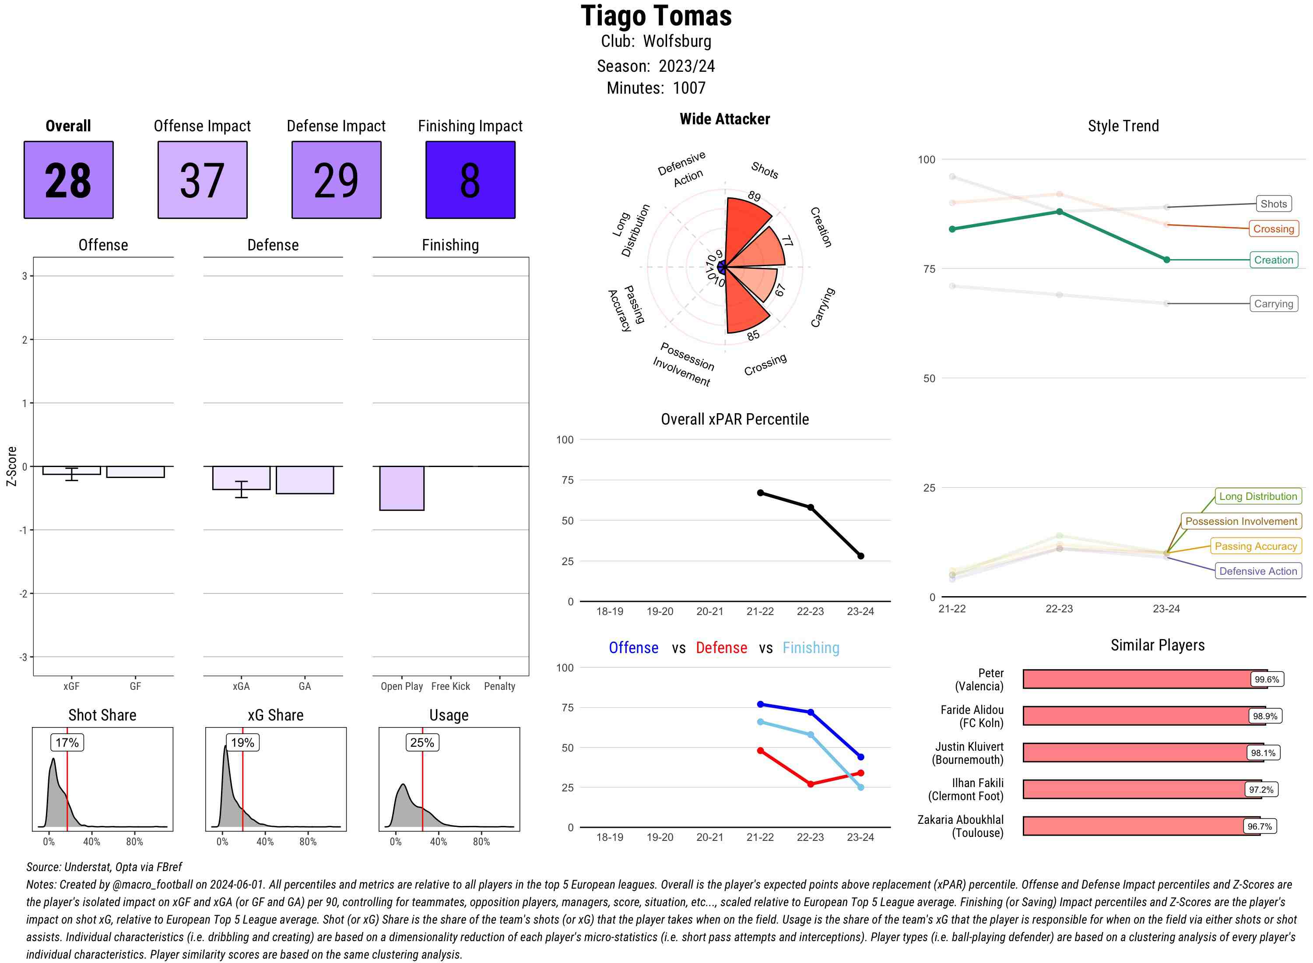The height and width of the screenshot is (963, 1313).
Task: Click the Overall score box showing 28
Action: tap(68, 179)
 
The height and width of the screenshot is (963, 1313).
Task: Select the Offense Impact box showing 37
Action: tap(202, 179)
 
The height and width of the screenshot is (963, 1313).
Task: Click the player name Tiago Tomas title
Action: tap(656, 16)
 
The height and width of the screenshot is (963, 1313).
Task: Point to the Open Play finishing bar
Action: tap(401, 488)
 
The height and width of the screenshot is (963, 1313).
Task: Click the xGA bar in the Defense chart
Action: tap(241, 478)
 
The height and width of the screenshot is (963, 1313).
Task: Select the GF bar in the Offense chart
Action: tap(135, 471)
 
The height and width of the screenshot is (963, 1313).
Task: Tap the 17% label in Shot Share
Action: tap(67, 742)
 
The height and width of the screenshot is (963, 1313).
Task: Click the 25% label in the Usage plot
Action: tap(422, 742)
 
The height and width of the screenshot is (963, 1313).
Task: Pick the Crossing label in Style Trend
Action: tap(1273, 229)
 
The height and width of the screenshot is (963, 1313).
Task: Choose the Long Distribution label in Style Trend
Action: tap(1258, 496)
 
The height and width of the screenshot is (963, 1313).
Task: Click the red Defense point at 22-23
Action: tap(811, 784)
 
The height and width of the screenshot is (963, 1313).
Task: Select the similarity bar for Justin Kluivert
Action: tap(1142, 752)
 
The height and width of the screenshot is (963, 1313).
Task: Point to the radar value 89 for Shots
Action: tap(754, 197)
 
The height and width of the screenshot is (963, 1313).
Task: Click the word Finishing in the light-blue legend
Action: tap(811, 648)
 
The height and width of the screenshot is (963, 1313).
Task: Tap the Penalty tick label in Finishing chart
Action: tap(499, 686)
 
